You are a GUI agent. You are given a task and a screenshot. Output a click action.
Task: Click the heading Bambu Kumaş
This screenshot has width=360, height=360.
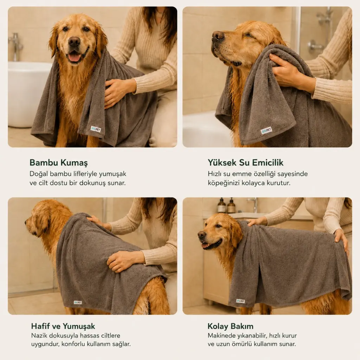tap(59, 162)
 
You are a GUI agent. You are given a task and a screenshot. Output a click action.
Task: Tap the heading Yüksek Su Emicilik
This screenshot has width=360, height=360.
tap(245, 162)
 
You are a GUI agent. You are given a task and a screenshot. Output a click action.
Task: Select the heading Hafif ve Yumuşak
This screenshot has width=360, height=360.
tap(63, 326)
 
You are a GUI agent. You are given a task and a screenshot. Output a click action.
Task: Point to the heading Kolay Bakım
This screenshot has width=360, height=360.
tap(230, 326)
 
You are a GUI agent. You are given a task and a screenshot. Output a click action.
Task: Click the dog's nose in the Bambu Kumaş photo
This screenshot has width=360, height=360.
tap(74, 41)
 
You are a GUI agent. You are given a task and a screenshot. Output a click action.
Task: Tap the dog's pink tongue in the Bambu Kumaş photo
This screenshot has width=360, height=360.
tap(74, 58)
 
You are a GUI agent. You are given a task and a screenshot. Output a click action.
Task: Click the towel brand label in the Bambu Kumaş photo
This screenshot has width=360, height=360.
tap(96, 129)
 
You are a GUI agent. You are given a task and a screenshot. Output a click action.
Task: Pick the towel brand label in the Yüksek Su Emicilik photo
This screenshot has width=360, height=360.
tap(266, 131)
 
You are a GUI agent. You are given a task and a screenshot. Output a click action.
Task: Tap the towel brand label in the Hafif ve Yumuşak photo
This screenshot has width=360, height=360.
tap(78, 302)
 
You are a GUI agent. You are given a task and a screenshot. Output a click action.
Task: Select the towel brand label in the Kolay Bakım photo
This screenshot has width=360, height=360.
tap(240, 301)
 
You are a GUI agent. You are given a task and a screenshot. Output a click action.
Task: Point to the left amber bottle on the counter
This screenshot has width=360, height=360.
tap(221, 205)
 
